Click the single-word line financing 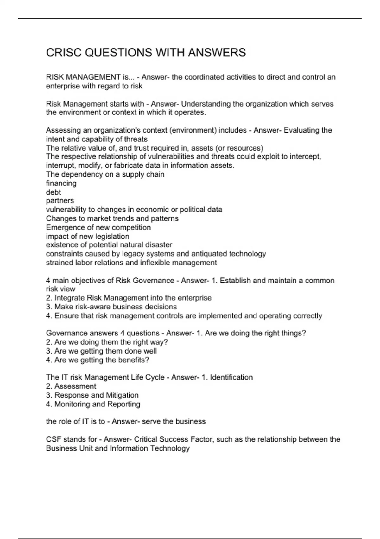pos(61,183)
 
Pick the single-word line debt pos(53,192)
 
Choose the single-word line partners pos(60,201)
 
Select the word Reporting pos(124,404)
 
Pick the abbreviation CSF pos(54,439)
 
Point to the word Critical pos(146,439)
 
